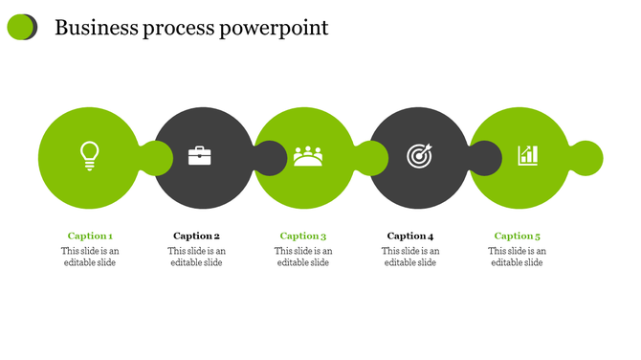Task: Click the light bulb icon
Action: (x=89, y=155)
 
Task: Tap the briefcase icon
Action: (x=199, y=155)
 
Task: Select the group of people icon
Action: (x=308, y=155)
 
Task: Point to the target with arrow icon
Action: (x=419, y=155)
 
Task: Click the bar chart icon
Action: (x=527, y=155)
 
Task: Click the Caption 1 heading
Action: (x=90, y=236)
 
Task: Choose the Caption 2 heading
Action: (x=197, y=236)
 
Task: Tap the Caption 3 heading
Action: (x=303, y=236)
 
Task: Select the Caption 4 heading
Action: (x=410, y=236)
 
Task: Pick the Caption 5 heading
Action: (x=518, y=236)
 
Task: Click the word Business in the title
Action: (x=95, y=28)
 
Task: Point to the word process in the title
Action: (x=179, y=29)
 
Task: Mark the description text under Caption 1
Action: (x=90, y=257)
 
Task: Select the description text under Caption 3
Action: (x=303, y=257)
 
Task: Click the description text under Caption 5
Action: (x=518, y=257)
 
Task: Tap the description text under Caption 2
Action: (x=197, y=257)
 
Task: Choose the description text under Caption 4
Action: (x=410, y=257)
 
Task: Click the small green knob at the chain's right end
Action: (x=586, y=158)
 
